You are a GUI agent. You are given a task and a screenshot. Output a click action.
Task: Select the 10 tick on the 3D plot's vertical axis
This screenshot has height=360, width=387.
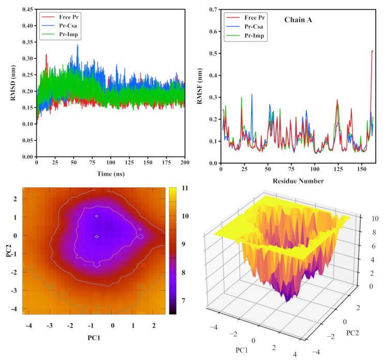point(367,218)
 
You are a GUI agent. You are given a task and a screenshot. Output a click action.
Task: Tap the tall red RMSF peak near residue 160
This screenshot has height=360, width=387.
point(372,51)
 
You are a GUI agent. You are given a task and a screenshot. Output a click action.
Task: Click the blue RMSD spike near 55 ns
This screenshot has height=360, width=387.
point(78,45)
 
